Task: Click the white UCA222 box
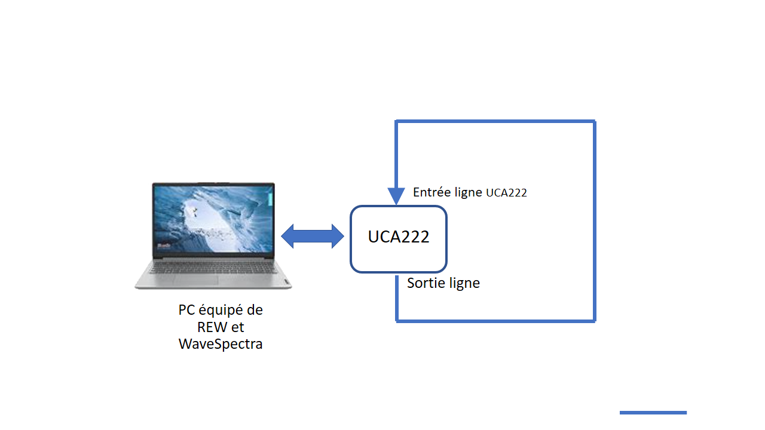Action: tap(399, 239)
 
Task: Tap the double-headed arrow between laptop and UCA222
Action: tap(313, 236)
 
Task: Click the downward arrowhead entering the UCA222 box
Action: tap(396, 196)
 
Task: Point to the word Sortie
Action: tap(424, 282)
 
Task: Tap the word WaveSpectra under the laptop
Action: tap(221, 344)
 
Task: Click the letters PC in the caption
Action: tap(187, 311)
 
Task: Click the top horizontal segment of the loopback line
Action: tap(495, 122)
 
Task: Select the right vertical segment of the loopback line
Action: tap(594, 221)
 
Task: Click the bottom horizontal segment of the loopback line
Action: tap(495, 321)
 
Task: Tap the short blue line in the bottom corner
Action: tap(653, 413)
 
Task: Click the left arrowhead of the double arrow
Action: tap(287, 236)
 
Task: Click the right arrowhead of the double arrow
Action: tap(338, 236)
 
